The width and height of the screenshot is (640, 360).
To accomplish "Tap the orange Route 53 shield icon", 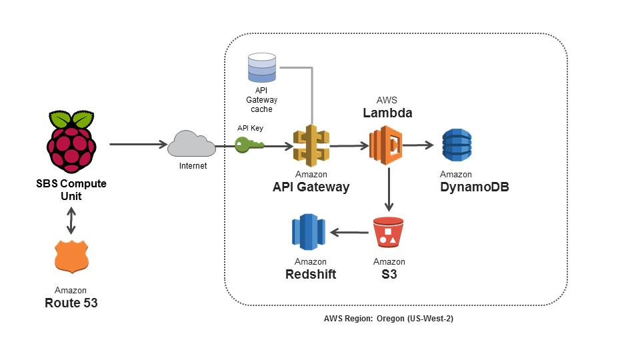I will [x=71, y=257].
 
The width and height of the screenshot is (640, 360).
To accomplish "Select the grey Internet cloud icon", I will [x=191, y=143].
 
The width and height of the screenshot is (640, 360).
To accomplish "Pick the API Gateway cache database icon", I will [x=261, y=68].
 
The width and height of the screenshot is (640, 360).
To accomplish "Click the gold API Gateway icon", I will [x=311, y=145].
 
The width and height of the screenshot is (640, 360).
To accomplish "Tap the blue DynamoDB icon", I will [x=457, y=145].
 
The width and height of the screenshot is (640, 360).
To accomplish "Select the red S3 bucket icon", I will [x=389, y=233].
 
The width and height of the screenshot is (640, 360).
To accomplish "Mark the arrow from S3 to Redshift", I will [x=350, y=233].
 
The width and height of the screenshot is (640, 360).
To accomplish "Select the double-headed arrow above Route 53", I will [x=71, y=219].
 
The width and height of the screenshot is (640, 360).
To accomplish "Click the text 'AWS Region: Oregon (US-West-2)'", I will [x=389, y=319].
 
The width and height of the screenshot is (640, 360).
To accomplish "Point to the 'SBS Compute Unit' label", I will [x=71, y=189].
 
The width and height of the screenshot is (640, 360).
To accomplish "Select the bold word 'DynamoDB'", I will [x=475, y=187].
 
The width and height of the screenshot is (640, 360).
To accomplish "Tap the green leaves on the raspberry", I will [x=71, y=119].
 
